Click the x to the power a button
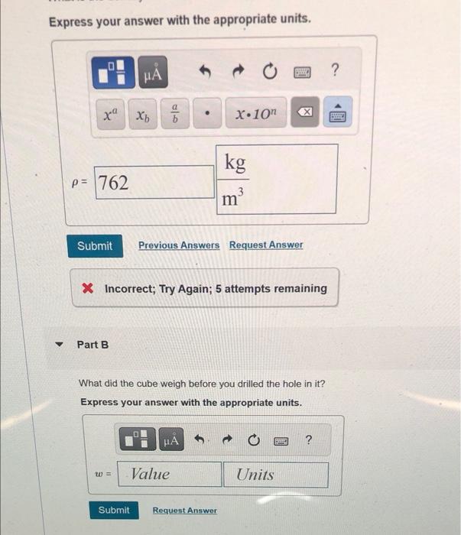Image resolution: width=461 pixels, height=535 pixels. tap(111, 114)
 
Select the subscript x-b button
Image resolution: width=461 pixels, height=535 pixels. tap(143, 115)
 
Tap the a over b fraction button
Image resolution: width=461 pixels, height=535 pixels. tap(175, 113)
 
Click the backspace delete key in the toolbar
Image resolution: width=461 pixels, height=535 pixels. tap(305, 112)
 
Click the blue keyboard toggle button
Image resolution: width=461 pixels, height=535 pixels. tap(337, 112)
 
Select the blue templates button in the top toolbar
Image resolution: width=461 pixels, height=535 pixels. tap(113, 73)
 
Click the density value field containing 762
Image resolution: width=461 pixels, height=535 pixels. tap(154, 182)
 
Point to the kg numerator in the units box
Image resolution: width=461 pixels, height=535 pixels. tap(235, 163)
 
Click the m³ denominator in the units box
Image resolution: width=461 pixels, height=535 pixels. tap(232, 197)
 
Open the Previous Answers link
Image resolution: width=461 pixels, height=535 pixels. tap(179, 245)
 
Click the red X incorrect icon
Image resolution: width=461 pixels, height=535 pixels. tap(88, 288)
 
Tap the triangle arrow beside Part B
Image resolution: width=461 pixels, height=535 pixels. tap(60, 344)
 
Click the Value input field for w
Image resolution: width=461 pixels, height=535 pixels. tap(170, 474)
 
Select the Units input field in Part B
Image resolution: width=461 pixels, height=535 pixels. tap(276, 475)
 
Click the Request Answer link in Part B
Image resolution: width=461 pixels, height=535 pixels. tap(184, 510)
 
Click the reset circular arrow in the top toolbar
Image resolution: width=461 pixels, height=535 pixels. tap(270, 71)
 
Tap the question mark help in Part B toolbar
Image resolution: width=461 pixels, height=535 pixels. tap(308, 439)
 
